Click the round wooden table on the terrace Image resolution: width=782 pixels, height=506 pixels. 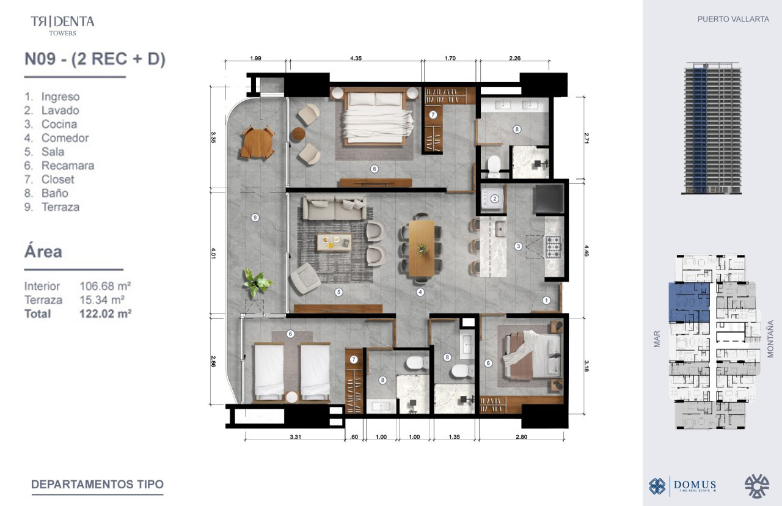pyautogui.click(x=258, y=142)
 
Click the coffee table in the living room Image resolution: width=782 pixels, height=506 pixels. pyautogui.click(x=334, y=242)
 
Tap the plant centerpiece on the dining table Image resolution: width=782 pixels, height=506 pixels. pyautogui.click(x=422, y=249)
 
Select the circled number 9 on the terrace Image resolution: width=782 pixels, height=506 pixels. pyautogui.click(x=255, y=218)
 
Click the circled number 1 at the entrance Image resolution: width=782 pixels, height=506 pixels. pyautogui.click(x=546, y=300)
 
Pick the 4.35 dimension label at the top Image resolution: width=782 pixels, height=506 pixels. pyautogui.click(x=356, y=58)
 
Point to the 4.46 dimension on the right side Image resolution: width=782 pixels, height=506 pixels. pyautogui.click(x=586, y=251)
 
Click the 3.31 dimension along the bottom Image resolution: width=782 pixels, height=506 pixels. pyautogui.click(x=295, y=436)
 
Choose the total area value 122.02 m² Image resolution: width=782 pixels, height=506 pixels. pyautogui.click(x=106, y=313)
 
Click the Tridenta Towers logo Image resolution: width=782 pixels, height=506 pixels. pyautogui.click(x=62, y=26)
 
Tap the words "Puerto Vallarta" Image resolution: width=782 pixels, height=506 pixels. pyautogui.click(x=733, y=19)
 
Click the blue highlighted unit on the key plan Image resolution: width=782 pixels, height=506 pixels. pyautogui.click(x=689, y=302)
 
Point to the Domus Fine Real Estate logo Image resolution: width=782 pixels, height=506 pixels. pyautogui.click(x=682, y=486)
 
